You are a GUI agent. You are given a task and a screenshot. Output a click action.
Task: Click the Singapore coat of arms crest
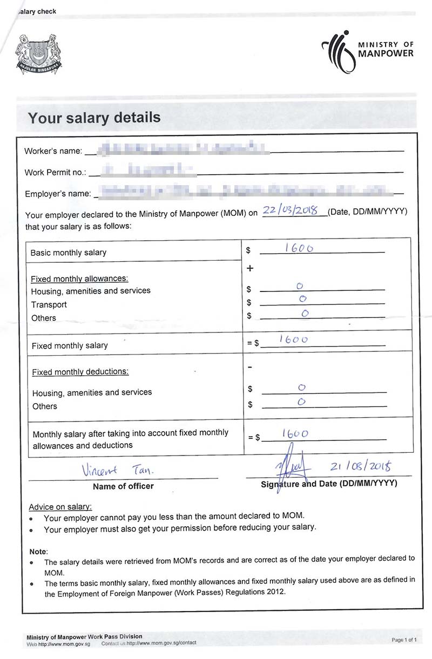point(38,54)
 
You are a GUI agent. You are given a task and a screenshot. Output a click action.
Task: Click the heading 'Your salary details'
point(94,118)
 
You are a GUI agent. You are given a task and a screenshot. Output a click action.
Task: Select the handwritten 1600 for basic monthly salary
point(299,248)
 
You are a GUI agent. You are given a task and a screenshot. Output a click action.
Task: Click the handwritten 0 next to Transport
point(303,299)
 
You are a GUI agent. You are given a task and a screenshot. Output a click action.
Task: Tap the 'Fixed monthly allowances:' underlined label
point(79,278)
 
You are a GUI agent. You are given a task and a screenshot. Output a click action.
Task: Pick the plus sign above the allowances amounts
point(249,268)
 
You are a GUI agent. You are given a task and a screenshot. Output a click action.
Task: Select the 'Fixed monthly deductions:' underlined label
point(80,372)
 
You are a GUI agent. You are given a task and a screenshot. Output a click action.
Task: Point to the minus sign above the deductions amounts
point(249,367)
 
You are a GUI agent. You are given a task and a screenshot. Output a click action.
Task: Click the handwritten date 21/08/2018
point(360,466)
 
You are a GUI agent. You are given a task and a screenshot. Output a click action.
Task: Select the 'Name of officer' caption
point(123,486)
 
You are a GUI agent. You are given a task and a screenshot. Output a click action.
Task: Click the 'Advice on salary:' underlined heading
point(60,507)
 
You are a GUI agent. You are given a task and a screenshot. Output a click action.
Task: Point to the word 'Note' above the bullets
point(38,552)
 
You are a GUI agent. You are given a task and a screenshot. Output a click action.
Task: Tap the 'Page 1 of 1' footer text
point(404,640)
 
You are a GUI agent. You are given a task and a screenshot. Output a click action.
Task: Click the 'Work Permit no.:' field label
point(55,173)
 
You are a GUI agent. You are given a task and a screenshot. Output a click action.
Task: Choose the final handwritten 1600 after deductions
point(295,433)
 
